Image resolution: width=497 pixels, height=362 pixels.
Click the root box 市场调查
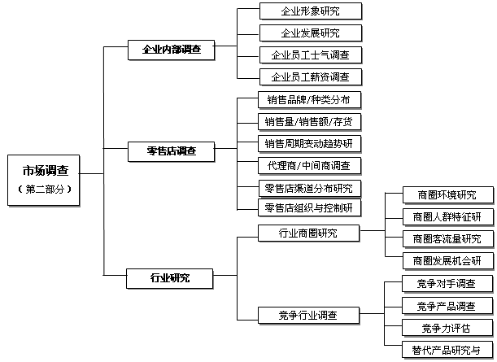[43, 180]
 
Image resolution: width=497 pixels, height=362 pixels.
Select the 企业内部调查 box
[171, 50]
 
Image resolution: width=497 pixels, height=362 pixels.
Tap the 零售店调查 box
[171, 151]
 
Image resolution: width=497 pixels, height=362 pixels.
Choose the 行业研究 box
[169, 278]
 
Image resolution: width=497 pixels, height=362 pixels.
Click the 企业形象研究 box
[311, 11]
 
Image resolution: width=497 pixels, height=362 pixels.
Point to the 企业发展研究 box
[311, 33]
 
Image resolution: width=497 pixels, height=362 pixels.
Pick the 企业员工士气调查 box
[311, 55]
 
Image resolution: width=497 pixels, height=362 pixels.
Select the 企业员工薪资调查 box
[311, 77]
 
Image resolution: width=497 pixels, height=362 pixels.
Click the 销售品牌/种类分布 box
[309, 100]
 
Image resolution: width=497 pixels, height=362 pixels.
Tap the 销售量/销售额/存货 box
[309, 122]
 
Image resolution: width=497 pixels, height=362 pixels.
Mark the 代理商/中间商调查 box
[309, 166]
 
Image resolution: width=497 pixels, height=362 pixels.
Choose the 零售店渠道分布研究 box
[309, 188]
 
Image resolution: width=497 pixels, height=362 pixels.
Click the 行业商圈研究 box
[309, 233]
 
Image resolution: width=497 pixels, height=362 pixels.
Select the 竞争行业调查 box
[309, 316]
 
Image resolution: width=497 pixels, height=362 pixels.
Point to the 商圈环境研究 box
[448, 195]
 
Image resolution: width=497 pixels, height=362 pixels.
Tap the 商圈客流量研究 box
[448, 239]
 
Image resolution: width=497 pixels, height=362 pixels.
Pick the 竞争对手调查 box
[447, 283]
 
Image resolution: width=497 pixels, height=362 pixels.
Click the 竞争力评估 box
[447, 328]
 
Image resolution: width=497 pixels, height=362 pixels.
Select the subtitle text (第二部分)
[44, 190]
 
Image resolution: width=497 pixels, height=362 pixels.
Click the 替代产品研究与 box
[447, 350]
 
